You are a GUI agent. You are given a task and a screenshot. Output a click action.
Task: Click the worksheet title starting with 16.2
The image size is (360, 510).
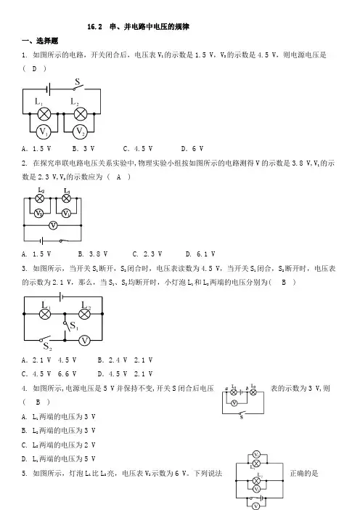pos(138,27)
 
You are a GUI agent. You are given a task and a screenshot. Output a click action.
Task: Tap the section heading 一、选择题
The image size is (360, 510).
pos(40,41)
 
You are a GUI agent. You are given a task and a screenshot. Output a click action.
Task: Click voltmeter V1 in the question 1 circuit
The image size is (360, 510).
pos(44,131)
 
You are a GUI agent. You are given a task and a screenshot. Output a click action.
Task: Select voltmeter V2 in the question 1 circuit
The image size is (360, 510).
pos(80,131)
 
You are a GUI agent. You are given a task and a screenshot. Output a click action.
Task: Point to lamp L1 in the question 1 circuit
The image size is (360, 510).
pos(44,114)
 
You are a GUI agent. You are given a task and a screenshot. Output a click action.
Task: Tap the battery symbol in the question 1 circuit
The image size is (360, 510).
pos(49,89)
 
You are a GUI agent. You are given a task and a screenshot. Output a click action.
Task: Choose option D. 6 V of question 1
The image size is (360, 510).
pos(192,149)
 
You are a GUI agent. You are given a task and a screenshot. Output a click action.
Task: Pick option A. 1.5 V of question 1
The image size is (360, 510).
pos(36,149)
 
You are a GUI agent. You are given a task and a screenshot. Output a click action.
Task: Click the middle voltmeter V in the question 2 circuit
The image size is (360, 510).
pos(53,225)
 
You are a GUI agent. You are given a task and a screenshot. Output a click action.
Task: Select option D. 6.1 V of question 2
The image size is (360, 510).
pos(200,254)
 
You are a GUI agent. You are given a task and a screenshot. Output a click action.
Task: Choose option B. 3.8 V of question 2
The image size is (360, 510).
pos(93,254)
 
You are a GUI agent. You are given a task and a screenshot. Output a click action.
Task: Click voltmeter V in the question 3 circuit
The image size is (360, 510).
pos(84,341)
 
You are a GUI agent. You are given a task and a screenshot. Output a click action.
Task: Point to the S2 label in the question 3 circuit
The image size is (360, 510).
pos(47,347)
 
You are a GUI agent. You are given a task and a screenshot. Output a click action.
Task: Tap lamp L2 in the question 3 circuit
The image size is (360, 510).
pos(85,314)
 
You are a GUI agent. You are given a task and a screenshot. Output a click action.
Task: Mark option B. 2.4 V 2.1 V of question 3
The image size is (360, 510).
pos(125,360)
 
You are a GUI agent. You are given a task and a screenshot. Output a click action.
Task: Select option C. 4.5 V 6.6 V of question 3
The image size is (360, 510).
pos(49,374)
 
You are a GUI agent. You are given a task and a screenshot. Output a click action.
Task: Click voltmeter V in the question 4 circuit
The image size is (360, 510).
pos(234,403)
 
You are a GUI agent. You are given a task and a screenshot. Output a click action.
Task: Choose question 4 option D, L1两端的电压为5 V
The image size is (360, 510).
pos(59,459)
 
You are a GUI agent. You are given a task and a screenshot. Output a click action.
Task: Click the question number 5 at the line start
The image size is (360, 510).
pos(25,473)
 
